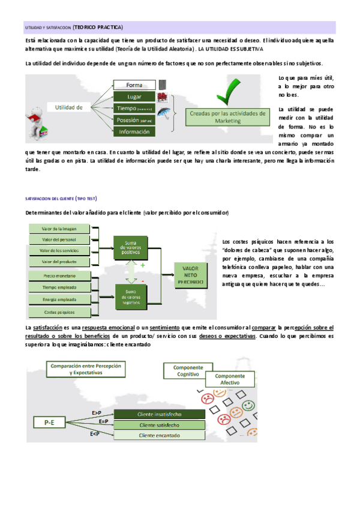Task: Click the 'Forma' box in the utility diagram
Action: click(x=134, y=85)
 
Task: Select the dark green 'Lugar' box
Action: click(x=134, y=97)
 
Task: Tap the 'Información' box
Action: click(x=134, y=131)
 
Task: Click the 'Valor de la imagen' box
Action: click(x=59, y=229)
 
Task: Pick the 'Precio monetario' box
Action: click(x=59, y=276)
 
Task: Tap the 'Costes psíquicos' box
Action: click(x=59, y=312)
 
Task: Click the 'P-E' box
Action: click(x=49, y=423)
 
